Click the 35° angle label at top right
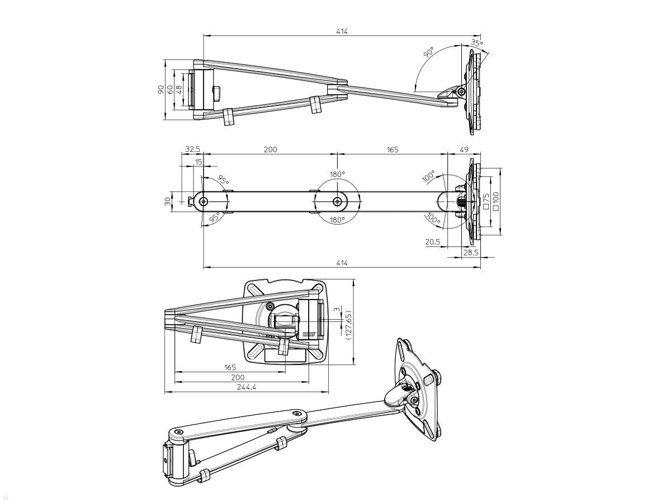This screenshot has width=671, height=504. (476, 43)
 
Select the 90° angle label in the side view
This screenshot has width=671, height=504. (428, 53)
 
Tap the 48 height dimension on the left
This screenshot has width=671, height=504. (179, 88)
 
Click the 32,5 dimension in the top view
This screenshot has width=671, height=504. (192, 150)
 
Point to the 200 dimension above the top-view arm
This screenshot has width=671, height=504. (270, 150)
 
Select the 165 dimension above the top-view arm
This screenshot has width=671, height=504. (392, 150)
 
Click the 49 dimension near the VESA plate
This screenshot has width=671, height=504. (464, 150)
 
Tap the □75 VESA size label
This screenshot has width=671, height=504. (486, 201)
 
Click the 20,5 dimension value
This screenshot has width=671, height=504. (432, 242)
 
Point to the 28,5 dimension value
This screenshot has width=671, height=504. (471, 253)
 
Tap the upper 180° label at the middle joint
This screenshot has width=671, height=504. (337, 174)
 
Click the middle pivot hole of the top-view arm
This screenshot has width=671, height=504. (337, 201)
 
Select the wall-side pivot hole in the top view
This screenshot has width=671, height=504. (204, 201)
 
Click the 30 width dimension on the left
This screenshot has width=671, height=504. (168, 201)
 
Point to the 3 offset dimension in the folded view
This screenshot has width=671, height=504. (336, 309)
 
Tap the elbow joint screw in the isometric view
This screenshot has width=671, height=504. (298, 414)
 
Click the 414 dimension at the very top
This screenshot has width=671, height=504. (342, 31)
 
